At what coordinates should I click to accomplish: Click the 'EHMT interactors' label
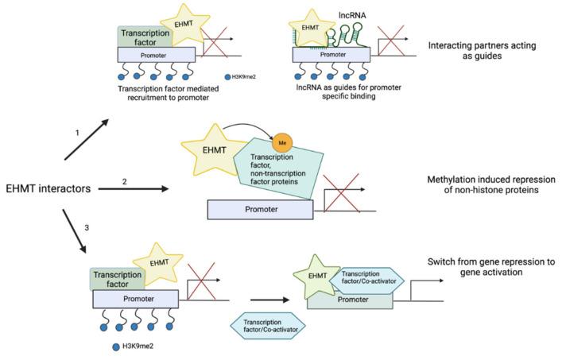(49, 188)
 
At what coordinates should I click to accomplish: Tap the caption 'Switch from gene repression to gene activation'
(499, 267)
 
